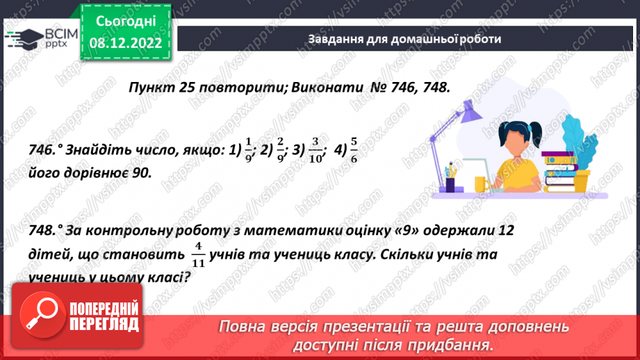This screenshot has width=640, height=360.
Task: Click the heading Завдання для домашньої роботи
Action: click(404, 39)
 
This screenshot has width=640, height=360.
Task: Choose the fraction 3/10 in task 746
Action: click(315, 149)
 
